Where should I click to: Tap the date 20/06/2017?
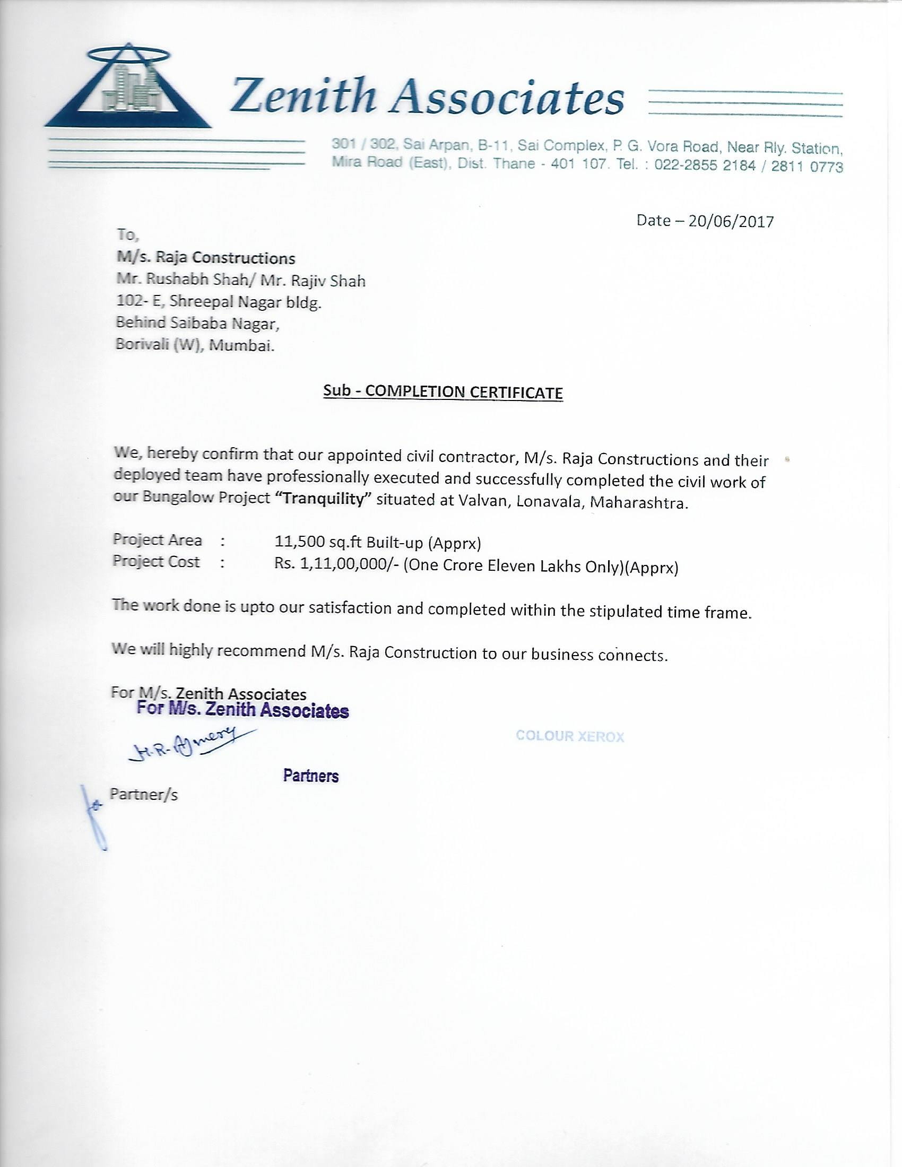point(731,221)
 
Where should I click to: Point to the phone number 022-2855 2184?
point(705,165)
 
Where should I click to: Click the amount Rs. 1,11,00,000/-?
point(336,564)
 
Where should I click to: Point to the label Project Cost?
point(156,562)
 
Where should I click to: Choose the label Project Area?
point(157,539)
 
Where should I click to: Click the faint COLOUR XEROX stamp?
point(570,736)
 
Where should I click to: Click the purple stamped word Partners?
point(310,776)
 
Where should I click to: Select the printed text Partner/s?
point(143,795)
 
